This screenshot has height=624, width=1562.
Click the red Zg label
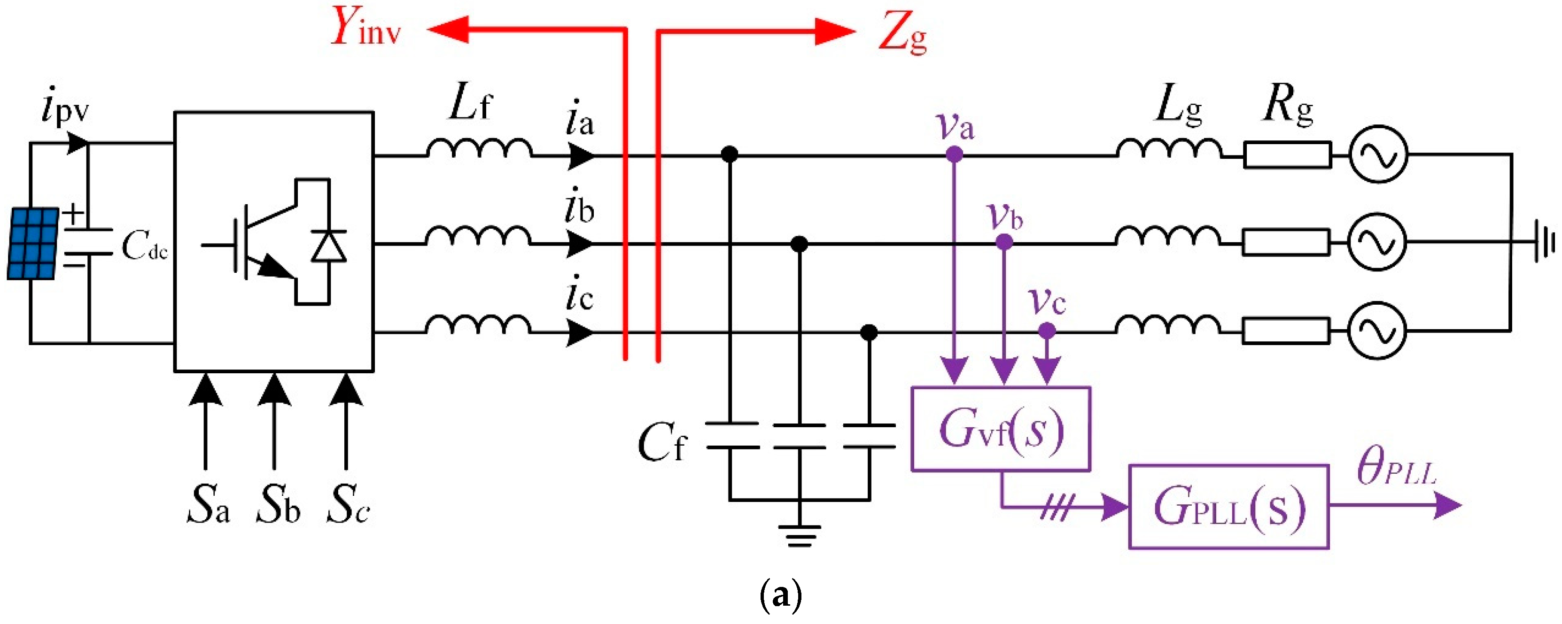[x=902, y=33]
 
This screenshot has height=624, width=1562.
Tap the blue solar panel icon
[x=33, y=244]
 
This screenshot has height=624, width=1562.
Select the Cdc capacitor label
[x=144, y=246]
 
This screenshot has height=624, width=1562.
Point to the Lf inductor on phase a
[x=479, y=149]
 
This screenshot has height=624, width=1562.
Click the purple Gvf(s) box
[x=1001, y=429]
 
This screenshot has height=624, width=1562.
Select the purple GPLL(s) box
[x=1228, y=507]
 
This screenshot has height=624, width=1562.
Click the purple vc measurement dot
[x=1047, y=331]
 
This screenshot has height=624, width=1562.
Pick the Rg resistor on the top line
[x=1287, y=155]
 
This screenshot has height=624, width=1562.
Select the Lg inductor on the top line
[x=1168, y=149]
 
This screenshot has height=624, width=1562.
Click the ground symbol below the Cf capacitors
[x=799, y=534]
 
